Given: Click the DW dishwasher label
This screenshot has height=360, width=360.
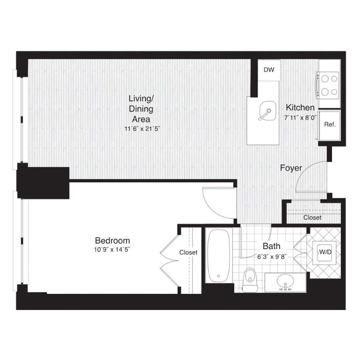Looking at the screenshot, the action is tap(269, 70).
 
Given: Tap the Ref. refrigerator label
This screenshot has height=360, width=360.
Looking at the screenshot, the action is tap(330, 124).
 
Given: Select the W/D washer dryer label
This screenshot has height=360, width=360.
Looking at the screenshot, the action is tap(325, 252).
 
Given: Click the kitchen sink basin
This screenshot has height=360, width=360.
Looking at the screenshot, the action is tap(267, 111).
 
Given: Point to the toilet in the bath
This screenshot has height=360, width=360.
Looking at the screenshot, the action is tap(249, 280).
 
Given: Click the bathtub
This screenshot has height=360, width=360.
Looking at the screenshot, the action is tap(218, 255).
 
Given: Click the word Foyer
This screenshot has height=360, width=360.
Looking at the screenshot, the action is tap(291, 168).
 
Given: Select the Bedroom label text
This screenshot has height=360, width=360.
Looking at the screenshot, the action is tap(112, 241).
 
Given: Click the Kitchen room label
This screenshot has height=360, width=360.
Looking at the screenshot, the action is tap(300, 108).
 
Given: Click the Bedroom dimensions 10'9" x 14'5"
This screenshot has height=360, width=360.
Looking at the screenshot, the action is tap(112, 250).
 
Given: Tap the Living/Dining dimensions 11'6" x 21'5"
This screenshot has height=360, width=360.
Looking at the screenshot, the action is tap(142, 129).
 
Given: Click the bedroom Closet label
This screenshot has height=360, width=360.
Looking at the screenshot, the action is tap(188, 252).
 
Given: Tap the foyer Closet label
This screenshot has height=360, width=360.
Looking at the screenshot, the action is tap(312, 218).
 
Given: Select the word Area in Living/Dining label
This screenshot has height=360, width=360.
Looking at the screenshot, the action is tap(141, 119).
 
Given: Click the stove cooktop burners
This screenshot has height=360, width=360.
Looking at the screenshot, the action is tap(328, 86).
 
